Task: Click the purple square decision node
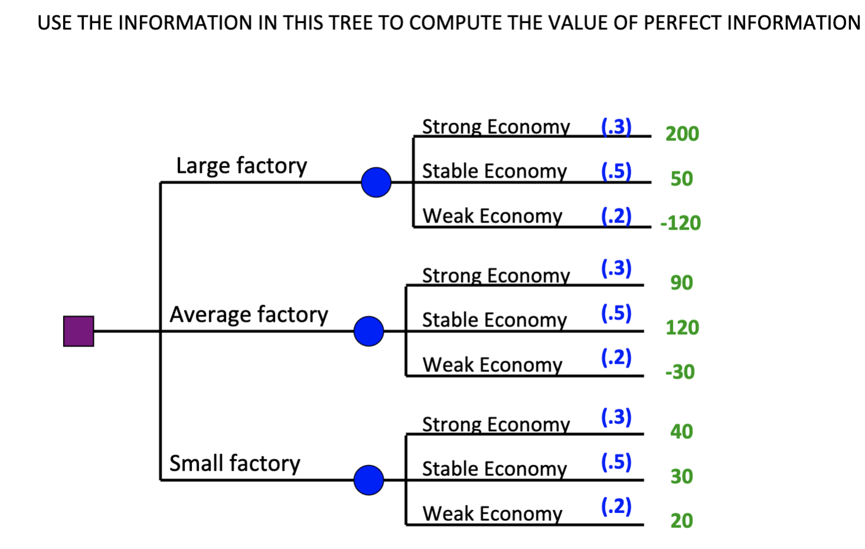coord(78,331)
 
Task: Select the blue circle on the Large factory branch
coord(376,182)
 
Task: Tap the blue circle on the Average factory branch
coord(369,331)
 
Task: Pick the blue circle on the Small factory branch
coord(369,480)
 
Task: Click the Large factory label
coord(241,166)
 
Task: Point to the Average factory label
coord(248,315)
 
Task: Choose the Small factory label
coord(234,463)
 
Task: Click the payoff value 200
coord(682,134)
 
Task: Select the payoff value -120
coord(680,223)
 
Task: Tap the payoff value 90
coord(681,283)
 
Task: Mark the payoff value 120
coord(682,328)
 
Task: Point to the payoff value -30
coord(680,372)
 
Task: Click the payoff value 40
coord(681,432)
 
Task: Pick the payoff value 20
coord(681,521)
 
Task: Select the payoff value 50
coord(681,179)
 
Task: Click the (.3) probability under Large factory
coord(616,126)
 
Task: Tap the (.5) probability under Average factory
coord(616,313)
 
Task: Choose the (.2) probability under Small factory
coord(616,506)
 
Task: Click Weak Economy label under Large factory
coord(492,216)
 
